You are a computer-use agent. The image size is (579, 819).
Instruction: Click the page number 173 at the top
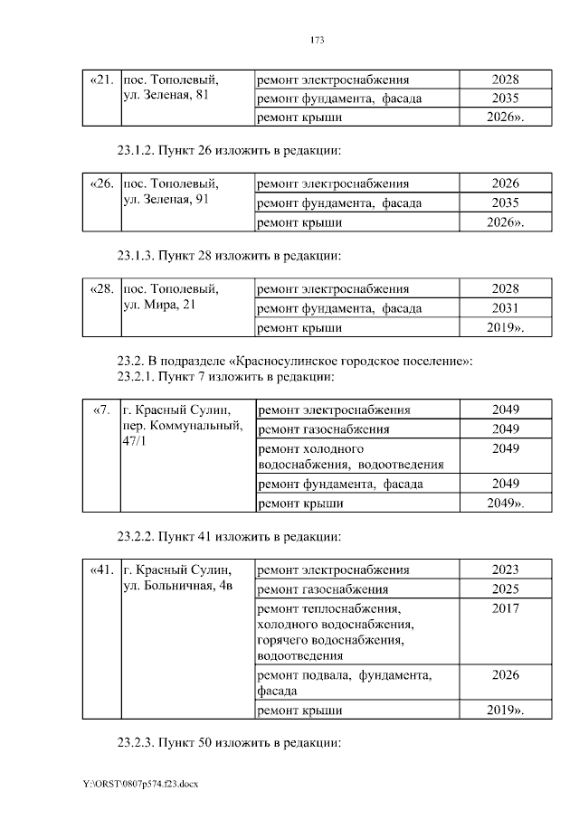coord(317,41)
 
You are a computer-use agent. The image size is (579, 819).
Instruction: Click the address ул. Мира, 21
coord(158,305)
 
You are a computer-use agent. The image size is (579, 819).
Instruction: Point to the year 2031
coord(505,308)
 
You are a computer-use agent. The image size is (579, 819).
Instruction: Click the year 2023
coord(505,570)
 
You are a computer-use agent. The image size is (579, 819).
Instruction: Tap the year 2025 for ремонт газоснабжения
coord(505,589)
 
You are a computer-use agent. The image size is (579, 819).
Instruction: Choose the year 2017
coord(505,608)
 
